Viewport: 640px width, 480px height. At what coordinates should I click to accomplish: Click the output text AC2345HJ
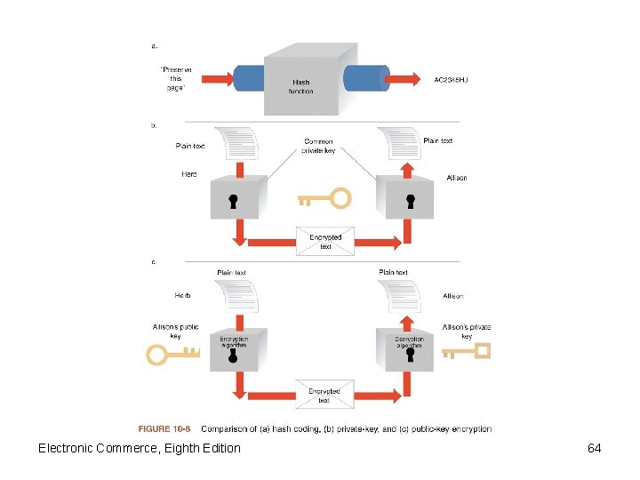pyautogui.click(x=451, y=80)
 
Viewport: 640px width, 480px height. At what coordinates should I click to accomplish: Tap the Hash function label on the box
pyautogui.click(x=301, y=87)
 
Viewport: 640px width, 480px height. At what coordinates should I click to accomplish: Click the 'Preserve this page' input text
pyautogui.click(x=176, y=77)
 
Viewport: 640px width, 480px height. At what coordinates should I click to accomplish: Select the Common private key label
pyautogui.click(x=318, y=146)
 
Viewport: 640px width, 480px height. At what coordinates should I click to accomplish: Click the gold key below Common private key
pyautogui.click(x=324, y=197)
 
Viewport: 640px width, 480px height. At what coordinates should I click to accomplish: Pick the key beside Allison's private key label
pyautogui.click(x=467, y=351)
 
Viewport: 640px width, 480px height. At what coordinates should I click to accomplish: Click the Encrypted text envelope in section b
pyautogui.click(x=325, y=241)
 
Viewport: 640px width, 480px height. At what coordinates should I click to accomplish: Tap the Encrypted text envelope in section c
pyautogui.click(x=324, y=395)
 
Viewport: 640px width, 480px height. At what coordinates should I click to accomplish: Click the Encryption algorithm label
pyautogui.click(x=234, y=341)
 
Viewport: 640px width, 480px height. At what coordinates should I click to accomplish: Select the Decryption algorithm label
pyautogui.click(x=410, y=341)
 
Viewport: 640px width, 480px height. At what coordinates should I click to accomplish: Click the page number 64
pyautogui.click(x=594, y=448)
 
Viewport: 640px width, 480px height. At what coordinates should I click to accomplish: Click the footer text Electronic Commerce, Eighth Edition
pyautogui.click(x=139, y=448)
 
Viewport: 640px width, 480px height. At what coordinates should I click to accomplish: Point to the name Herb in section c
pyautogui.click(x=182, y=295)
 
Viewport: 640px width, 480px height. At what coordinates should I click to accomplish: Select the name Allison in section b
pyautogui.click(x=456, y=178)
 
